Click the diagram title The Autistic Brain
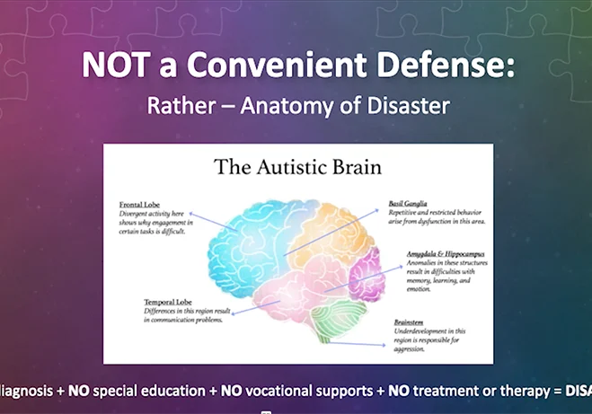(297, 167)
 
